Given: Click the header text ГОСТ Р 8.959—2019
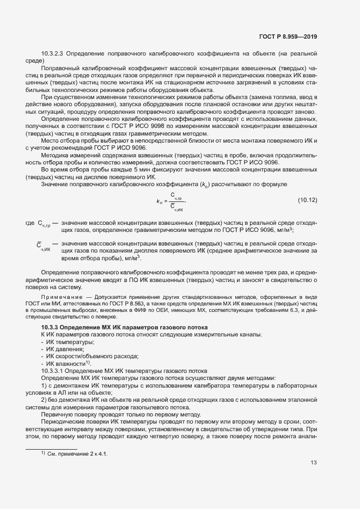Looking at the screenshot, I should click(289, 37).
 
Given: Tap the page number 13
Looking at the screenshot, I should click(313, 463).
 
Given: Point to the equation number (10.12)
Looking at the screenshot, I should click(307, 201).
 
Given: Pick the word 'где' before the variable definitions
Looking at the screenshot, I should click(30, 224).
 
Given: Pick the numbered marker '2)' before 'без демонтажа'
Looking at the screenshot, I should click(44, 400).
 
